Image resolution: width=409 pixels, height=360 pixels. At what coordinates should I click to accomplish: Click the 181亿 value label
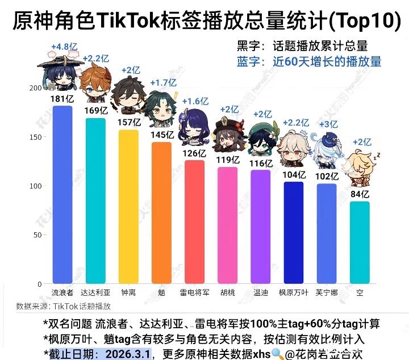pyautogui.click(x=62, y=99)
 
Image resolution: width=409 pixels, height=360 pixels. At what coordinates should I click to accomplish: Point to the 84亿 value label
pyautogui.click(x=360, y=195)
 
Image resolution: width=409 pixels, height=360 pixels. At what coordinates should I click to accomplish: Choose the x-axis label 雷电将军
pyautogui.click(x=194, y=293)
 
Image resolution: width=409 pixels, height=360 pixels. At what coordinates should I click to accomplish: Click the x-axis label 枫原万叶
pyautogui.click(x=294, y=293)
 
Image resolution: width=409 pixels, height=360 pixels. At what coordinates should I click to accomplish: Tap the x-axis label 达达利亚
pyautogui.click(x=95, y=293)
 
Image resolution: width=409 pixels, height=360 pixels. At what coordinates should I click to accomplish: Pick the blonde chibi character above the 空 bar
pyautogui.click(x=361, y=169)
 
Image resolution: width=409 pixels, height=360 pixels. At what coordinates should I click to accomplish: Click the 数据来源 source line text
pyautogui.click(x=63, y=307)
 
